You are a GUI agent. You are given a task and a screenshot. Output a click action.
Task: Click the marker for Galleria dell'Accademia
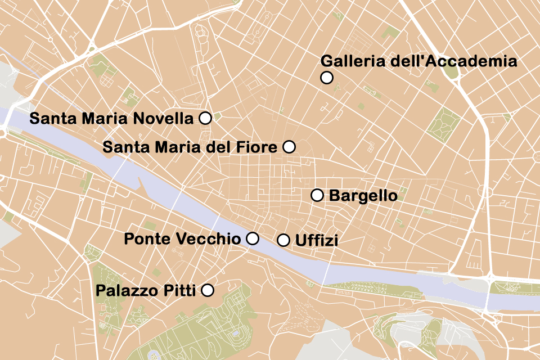(327, 78)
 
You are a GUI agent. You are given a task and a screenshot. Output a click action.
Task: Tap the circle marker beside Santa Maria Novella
(205, 118)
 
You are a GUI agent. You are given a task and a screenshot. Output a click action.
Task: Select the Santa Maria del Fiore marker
(289, 147)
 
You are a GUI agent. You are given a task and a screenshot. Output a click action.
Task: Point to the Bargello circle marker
(317, 195)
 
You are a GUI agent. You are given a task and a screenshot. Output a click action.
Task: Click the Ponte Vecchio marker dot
(253, 238)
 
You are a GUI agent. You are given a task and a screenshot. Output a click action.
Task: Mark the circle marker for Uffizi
(284, 240)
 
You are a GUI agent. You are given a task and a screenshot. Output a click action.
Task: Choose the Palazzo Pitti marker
(208, 290)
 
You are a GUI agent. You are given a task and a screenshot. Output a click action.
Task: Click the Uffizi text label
(316, 241)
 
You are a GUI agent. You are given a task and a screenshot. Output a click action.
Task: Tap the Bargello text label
(363, 196)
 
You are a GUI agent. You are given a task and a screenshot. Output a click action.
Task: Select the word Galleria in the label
(352, 61)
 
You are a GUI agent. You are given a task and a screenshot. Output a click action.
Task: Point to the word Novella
(168, 119)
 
